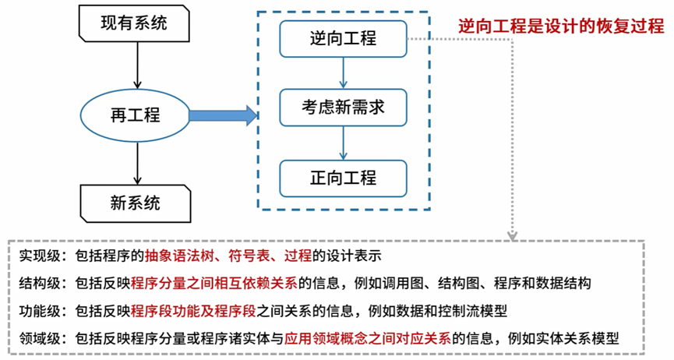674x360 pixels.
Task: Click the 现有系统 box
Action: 133,23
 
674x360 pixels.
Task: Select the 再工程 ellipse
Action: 136,115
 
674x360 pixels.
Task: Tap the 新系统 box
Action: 133,204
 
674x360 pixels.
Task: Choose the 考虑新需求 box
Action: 343,108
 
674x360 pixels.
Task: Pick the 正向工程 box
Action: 343,178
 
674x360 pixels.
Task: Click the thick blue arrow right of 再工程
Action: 223,116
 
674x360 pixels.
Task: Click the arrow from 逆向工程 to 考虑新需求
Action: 343,73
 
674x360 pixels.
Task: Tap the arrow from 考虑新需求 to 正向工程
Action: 343,143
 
